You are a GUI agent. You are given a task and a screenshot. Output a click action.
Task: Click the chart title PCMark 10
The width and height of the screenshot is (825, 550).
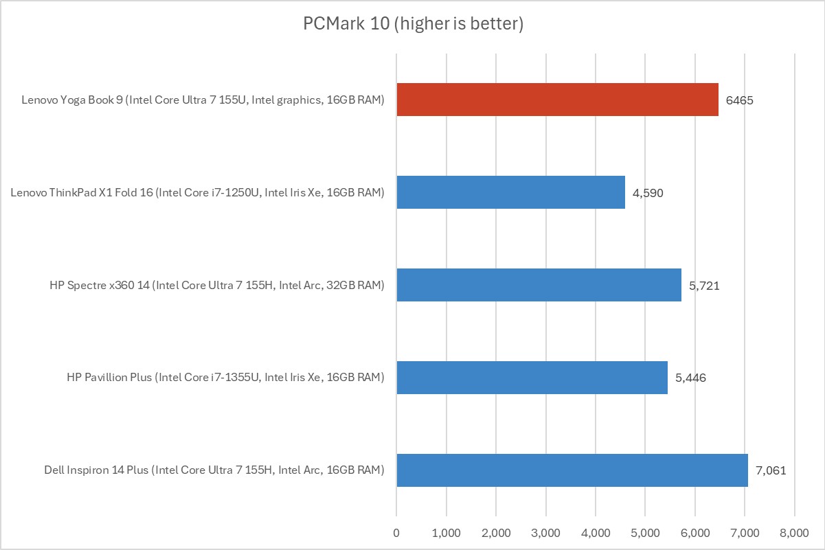(x=414, y=24)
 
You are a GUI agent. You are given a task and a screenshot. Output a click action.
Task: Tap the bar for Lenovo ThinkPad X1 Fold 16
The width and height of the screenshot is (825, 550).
(x=510, y=192)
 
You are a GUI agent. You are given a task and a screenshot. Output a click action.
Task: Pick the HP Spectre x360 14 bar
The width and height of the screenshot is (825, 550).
(x=539, y=285)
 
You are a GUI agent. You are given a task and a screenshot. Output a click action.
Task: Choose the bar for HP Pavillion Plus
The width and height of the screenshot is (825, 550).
(x=532, y=378)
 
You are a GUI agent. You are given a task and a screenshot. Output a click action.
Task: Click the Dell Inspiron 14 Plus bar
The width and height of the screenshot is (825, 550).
(x=572, y=470)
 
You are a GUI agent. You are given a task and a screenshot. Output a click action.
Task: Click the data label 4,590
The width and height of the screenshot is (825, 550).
(x=648, y=193)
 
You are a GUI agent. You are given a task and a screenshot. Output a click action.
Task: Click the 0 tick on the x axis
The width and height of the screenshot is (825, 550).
(x=396, y=532)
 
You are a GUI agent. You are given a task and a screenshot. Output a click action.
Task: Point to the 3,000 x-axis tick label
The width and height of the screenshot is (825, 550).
(x=546, y=532)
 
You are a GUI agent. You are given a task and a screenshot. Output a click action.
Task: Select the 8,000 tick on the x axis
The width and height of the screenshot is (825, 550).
(x=795, y=532)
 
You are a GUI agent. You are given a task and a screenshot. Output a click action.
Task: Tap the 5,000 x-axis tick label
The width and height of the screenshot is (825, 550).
(x=645, y=532)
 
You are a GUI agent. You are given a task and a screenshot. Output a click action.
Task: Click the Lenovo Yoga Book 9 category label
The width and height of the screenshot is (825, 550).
(x=203, y=100)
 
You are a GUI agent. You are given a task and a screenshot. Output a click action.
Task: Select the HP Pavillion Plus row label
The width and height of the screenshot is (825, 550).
(x=225, y=378)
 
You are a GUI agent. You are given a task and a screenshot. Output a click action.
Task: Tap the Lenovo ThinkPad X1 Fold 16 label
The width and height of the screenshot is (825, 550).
(x=197, y=193)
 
